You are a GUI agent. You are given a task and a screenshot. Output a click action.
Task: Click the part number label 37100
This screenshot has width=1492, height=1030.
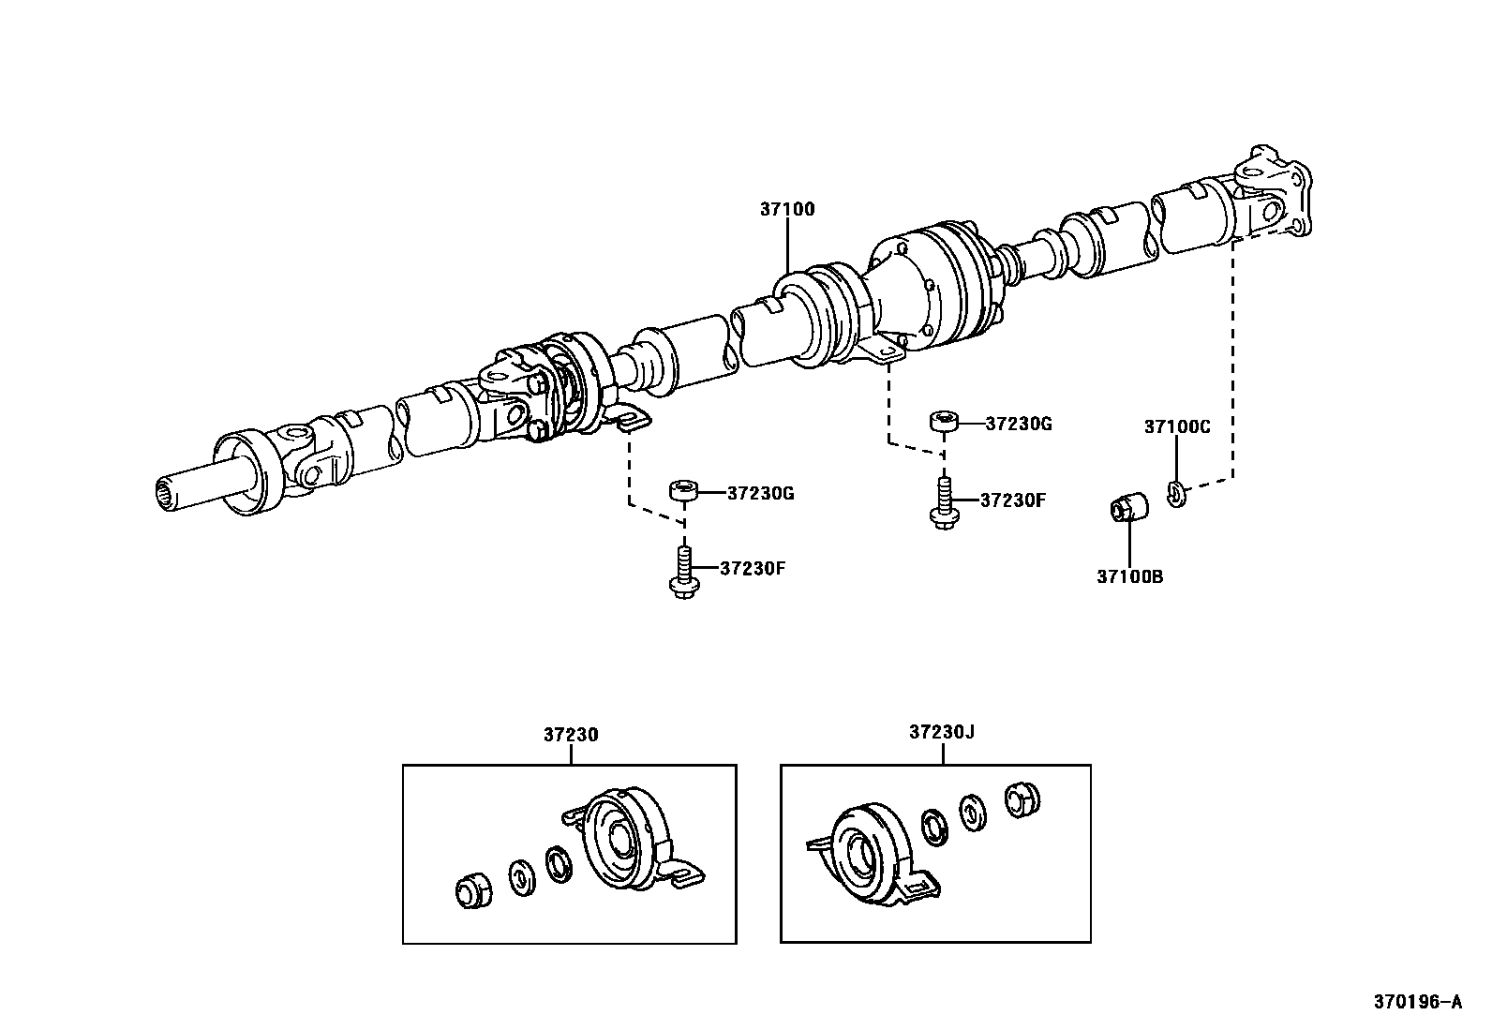click(787, 209)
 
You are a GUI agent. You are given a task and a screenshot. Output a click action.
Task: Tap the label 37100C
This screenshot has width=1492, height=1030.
click(1177, 426)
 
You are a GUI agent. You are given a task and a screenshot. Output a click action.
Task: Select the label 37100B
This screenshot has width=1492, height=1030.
click(1129, 576)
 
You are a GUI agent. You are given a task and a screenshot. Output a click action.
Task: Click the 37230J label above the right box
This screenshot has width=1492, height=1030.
click(941, 732)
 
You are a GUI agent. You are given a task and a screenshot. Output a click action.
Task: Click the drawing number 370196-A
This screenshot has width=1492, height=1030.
click(1417, 1002)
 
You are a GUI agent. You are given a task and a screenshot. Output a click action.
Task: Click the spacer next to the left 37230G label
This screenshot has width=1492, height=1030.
click(682, 491)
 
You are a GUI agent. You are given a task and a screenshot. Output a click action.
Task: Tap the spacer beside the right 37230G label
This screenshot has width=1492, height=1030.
click(943, 421)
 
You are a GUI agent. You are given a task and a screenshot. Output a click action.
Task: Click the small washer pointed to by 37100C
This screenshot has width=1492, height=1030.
click(1177, 491)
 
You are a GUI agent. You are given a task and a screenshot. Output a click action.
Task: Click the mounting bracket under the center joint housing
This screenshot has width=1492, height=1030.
click(882, 354)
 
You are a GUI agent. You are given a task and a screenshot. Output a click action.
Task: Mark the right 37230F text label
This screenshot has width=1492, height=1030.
click(1012, 500)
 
